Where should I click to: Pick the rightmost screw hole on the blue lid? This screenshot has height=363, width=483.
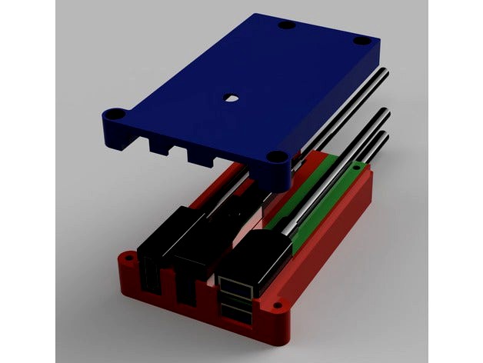click(361, 40)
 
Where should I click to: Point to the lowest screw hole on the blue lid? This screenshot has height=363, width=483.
click(276, 160)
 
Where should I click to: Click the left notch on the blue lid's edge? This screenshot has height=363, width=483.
click(159, 145)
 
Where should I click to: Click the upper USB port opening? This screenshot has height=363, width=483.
click(235, 288)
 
